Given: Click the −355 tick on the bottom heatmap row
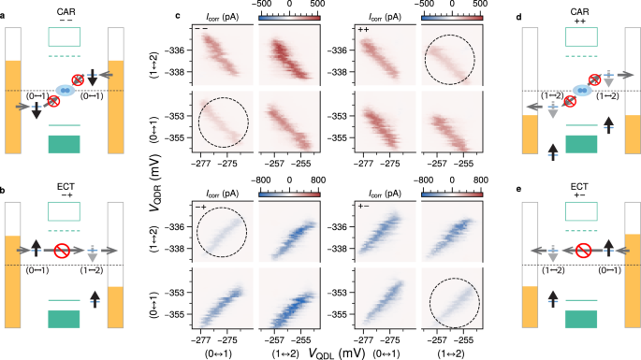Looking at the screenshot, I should coord(172,319).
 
